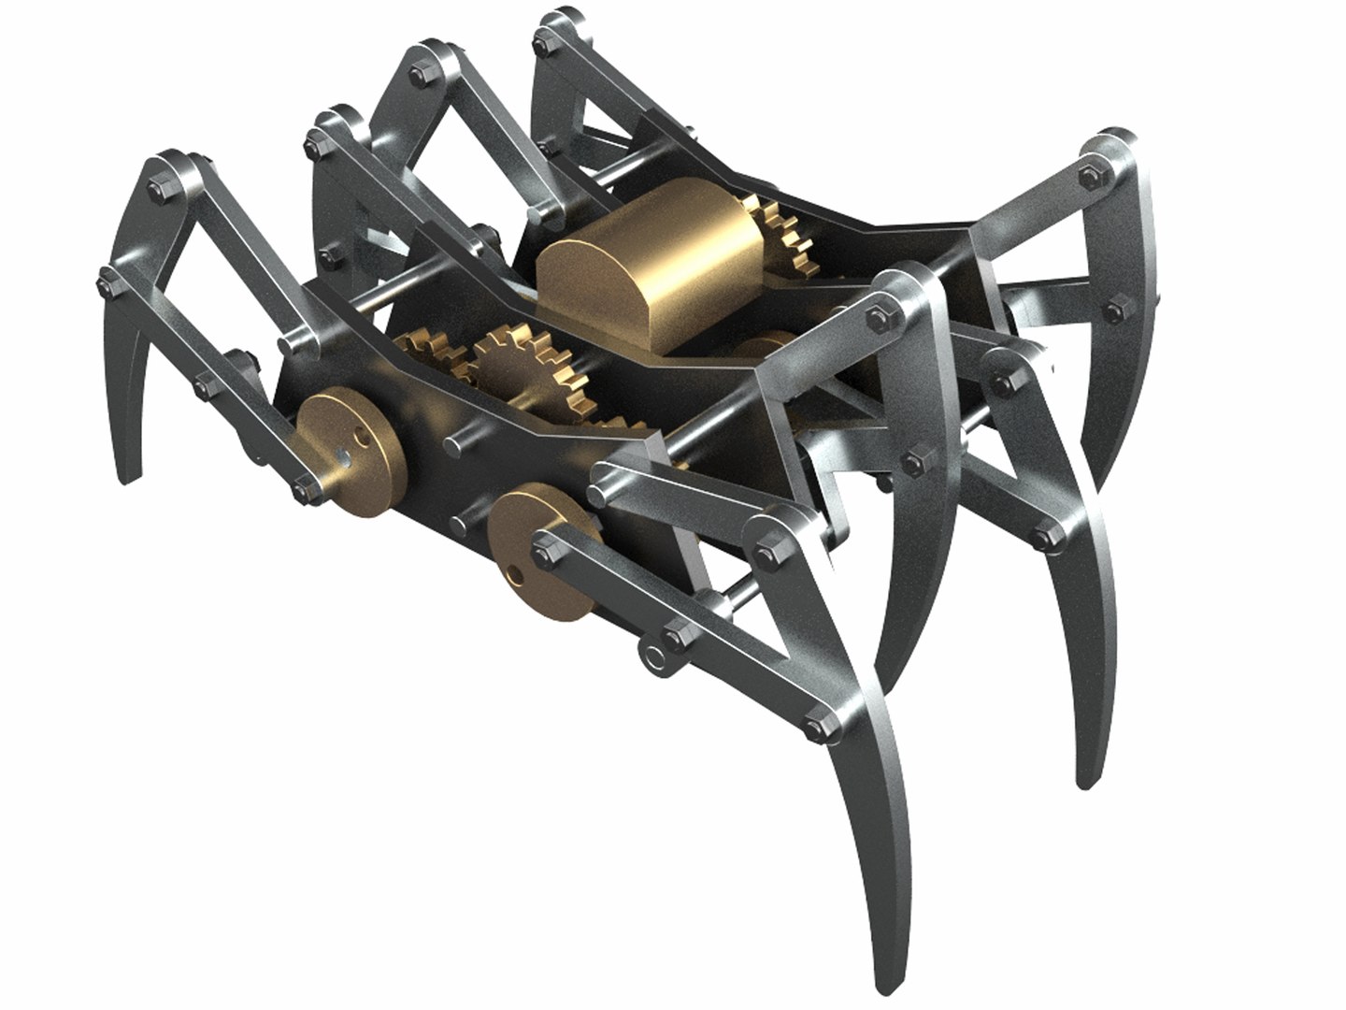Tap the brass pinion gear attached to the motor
pyautogui.click(x=785, y=234)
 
